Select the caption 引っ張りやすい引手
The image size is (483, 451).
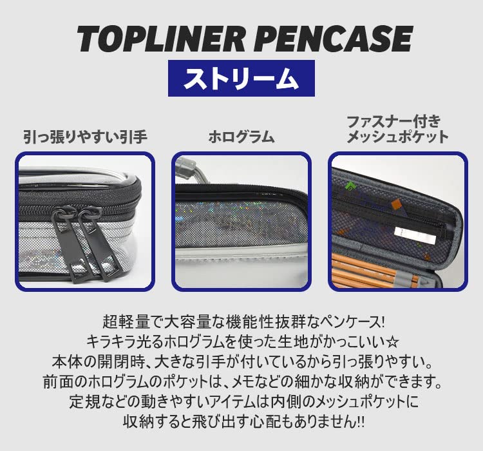click(86, 137)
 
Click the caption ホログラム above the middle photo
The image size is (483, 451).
click(241, 137)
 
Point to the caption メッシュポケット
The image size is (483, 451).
click(397, 137)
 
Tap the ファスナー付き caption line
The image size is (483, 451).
click(393, 120)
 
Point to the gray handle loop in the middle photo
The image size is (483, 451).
click(197, 168)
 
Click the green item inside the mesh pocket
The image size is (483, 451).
click(349, 186)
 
